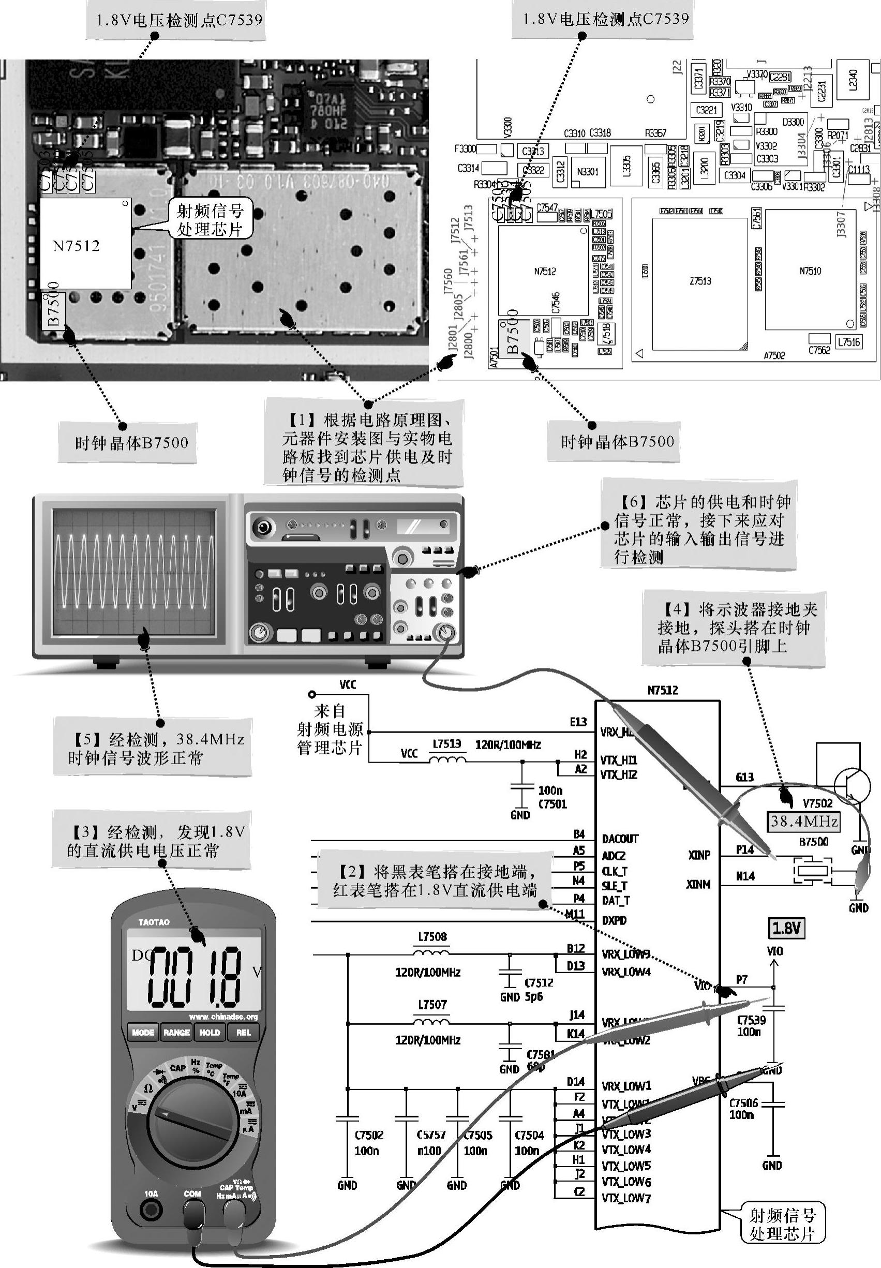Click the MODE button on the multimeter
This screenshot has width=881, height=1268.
tap(143, 1032)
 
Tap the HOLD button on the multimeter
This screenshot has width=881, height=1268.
tap(210, 1032)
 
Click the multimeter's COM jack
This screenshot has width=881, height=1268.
tap(192, 1212)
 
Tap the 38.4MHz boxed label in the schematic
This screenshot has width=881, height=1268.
tap(804, 822)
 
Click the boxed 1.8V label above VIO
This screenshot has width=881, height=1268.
tap(786, 928)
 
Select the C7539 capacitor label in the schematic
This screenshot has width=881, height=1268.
tap(751, 1020)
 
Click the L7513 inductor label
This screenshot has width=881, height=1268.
tap(446, 743)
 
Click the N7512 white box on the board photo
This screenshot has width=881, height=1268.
tap(85, 244)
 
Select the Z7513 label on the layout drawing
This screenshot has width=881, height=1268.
tap(700, 281)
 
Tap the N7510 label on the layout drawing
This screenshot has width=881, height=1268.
tap(810, 271)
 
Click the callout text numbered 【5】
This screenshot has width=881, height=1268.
tap(156, 748)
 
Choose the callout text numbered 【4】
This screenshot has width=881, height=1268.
tap(734, 628)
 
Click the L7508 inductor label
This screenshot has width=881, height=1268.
tap(432, 937)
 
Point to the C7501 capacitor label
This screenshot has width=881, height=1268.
tap(553, 804)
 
